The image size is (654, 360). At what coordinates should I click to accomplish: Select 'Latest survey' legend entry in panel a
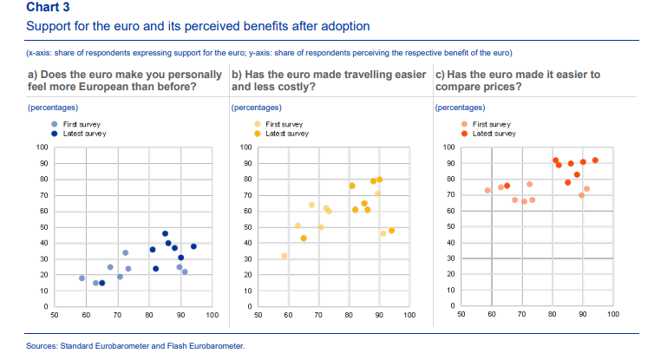pos(82,134)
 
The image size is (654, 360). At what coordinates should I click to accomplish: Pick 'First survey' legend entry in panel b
pos(282,125)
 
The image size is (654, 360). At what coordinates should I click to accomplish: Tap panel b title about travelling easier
pos(330,81)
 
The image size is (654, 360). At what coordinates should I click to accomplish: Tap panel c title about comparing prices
pos(517,81)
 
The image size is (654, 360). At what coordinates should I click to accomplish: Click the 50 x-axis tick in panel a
pos(54,316)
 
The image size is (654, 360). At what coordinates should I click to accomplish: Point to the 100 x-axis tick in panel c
pos(612,316)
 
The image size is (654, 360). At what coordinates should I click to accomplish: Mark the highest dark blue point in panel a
pos(165,233)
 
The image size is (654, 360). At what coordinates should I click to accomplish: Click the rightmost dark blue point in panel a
pos(194,246)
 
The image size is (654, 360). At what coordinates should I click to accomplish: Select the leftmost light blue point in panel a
pos(82,278)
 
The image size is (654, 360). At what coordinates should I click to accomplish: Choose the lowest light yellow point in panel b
pos(284,256)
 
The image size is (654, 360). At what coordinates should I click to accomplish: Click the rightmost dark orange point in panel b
pos(392,231)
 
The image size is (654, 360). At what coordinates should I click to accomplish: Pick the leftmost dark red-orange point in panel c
pos(507,186)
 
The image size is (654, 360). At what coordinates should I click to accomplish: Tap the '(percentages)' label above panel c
pos(459,108)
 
